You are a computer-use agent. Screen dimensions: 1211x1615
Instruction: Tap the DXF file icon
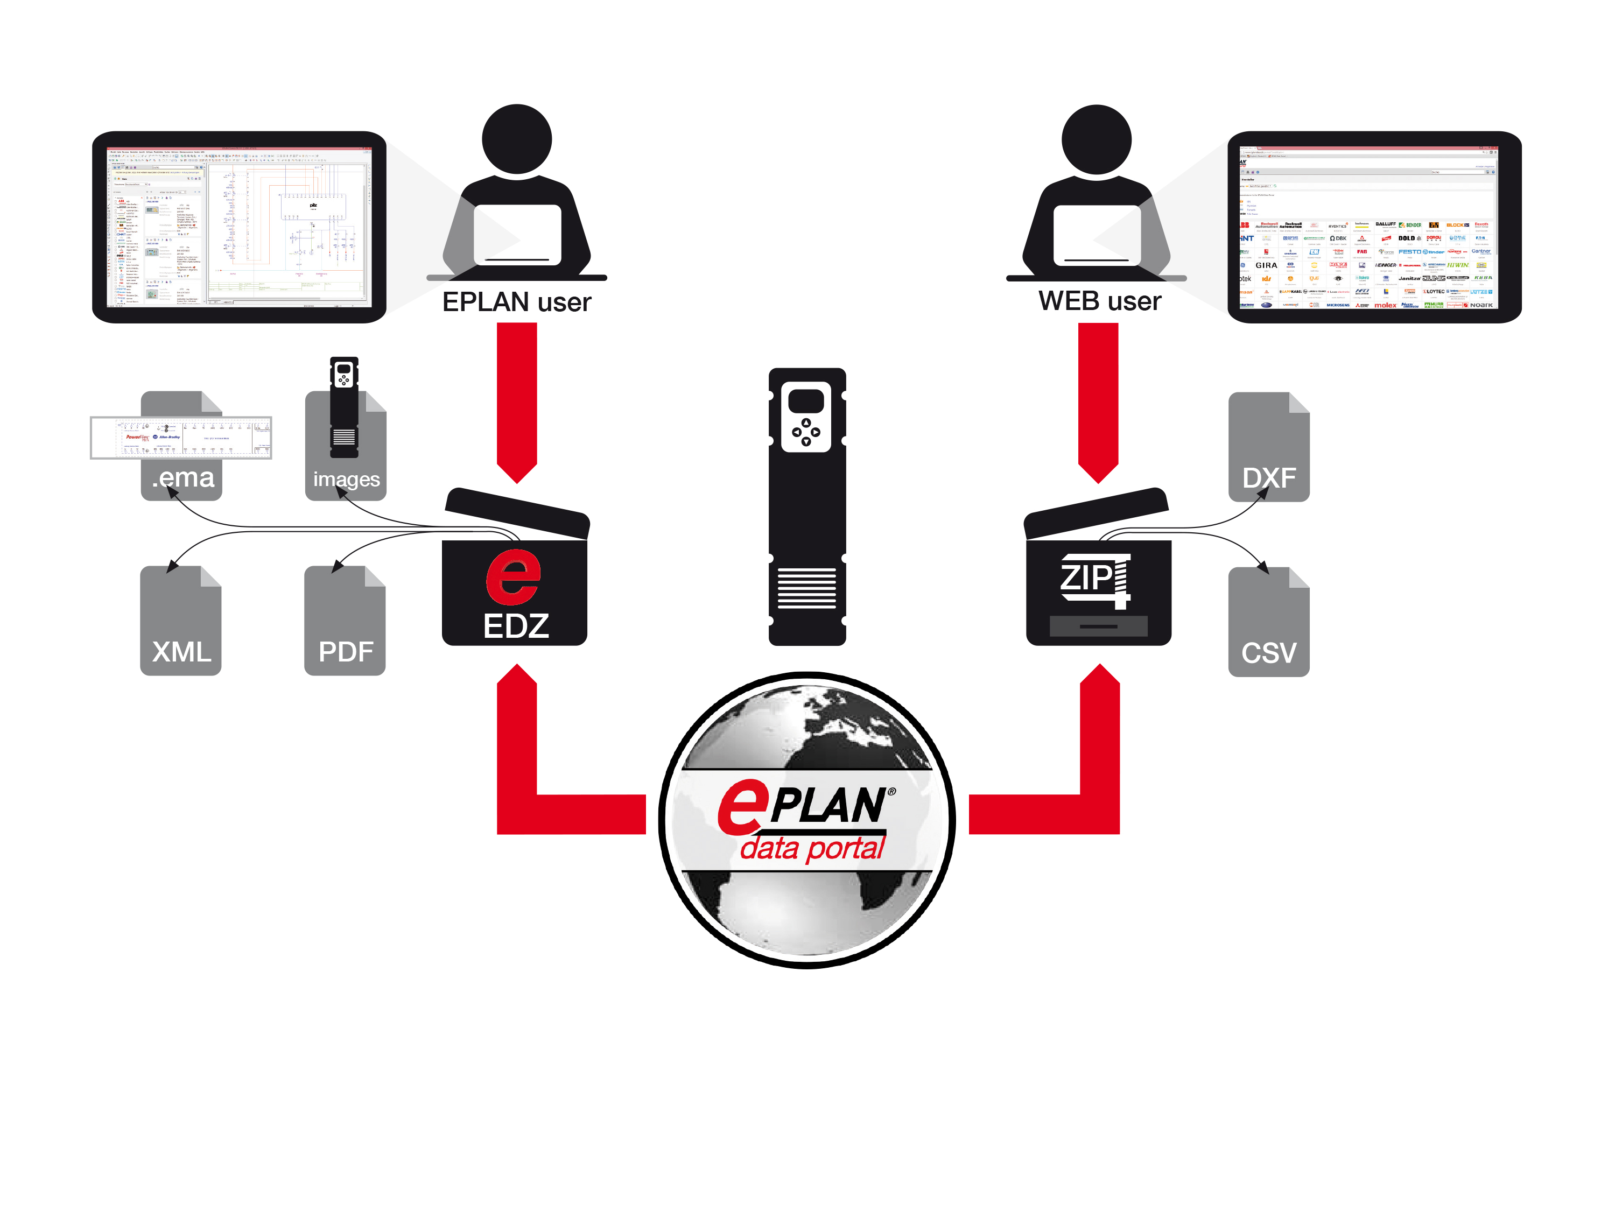1268,447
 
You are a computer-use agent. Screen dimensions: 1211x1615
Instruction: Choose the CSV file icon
1268,623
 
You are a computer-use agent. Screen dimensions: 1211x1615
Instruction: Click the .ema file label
183,477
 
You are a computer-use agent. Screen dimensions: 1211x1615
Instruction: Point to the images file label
346,480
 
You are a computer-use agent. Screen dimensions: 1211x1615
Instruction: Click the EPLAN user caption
516,302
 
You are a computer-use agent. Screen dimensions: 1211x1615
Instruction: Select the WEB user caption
1099,301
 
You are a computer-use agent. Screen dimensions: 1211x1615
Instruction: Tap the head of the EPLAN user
517,139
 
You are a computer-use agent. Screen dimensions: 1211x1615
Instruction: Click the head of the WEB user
1096,139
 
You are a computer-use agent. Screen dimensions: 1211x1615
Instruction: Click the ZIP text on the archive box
1086,578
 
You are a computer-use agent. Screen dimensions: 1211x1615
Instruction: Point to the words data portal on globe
812,848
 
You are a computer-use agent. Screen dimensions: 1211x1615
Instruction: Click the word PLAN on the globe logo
828,805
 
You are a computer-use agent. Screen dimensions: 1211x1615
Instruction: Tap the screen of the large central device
806,402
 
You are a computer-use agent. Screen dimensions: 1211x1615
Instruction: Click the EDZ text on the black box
516,626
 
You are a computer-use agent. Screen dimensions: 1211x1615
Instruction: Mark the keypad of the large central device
806,432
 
